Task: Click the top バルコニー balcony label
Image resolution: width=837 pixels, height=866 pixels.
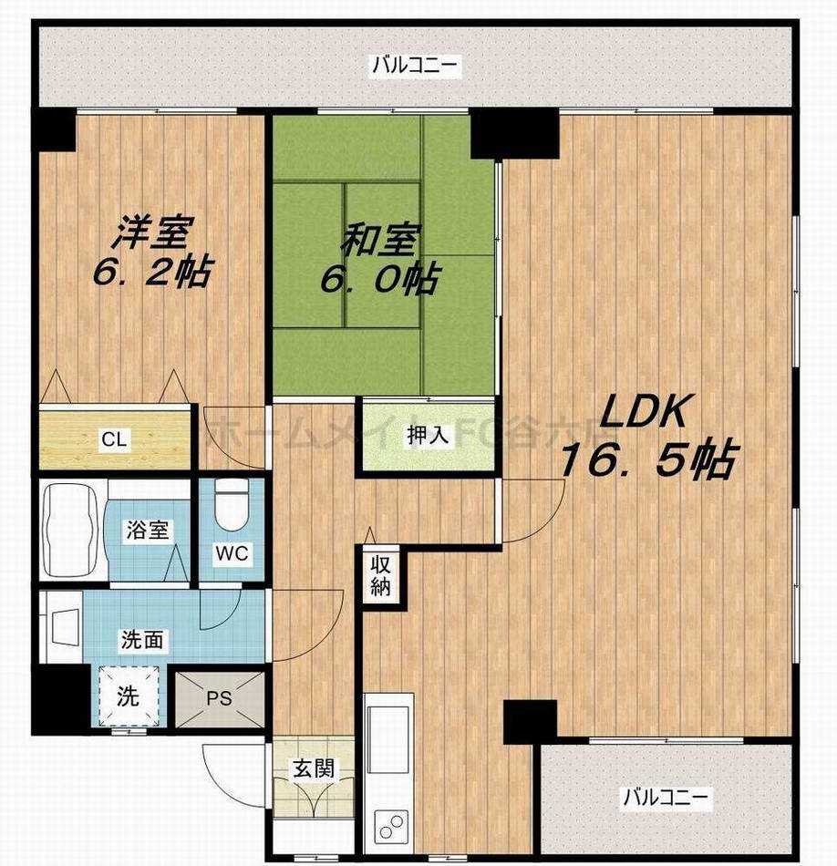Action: [x=416, y=66]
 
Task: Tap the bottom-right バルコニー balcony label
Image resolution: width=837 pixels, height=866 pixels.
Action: [x=665, y=798]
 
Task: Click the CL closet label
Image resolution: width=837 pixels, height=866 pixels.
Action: [x=114, y=439]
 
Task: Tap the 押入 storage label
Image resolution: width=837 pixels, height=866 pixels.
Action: [x=428, y=435]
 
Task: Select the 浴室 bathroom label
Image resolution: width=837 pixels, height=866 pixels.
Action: [x=146, y=531]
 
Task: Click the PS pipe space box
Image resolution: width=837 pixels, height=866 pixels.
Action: [x=219, y=700]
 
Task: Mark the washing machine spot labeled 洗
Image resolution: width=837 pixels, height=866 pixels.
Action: [x=129, y=697]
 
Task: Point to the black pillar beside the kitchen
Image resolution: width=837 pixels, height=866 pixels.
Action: [x=530, y=719]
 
